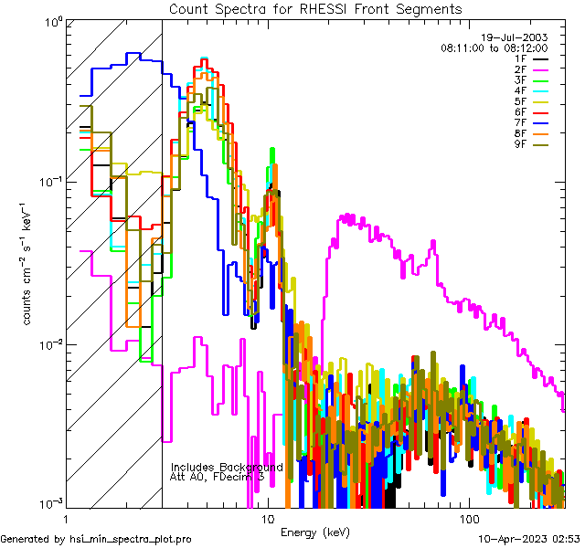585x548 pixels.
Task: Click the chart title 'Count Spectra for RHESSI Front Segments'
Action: [315, 8]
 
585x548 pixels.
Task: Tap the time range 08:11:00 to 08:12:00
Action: [494, 47]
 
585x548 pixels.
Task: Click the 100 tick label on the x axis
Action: [468, 518]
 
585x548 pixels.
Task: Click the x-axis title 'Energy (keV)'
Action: [314, 532]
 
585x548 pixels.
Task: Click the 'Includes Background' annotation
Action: [227, 467]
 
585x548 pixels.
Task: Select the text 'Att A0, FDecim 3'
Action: [218, 477]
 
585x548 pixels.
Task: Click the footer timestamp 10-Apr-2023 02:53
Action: [527, 538]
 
